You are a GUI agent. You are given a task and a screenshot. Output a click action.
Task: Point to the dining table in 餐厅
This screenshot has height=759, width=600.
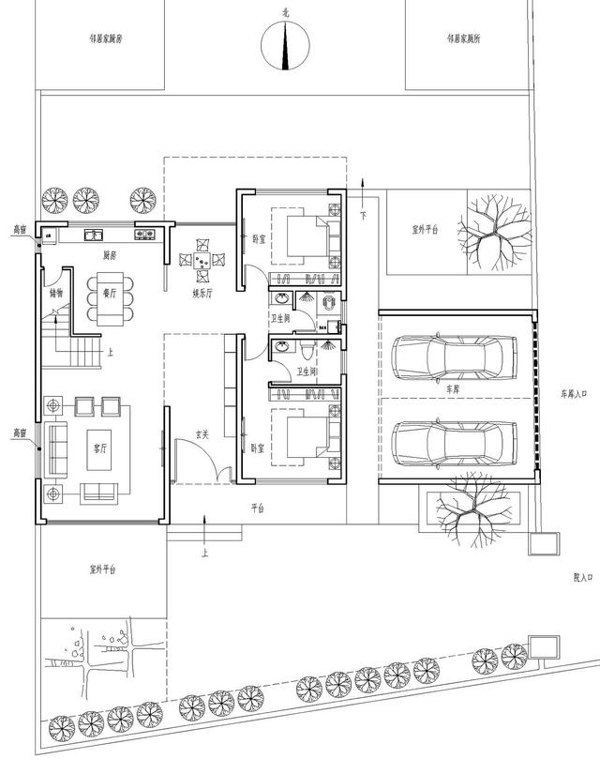(x=109, y=298)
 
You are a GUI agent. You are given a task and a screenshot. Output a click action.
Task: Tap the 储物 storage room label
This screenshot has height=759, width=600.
(x=55, y=292)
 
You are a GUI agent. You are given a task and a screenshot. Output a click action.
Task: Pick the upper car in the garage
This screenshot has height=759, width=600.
(x=455, y=357)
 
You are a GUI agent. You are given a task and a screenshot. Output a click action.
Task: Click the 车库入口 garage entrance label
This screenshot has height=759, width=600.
(x=573, y=394)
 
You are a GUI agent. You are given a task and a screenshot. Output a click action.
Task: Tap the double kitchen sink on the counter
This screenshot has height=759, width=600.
(x=95, y=235)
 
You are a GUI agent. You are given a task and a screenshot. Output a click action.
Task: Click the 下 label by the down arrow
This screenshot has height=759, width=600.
(x=363, y=215)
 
